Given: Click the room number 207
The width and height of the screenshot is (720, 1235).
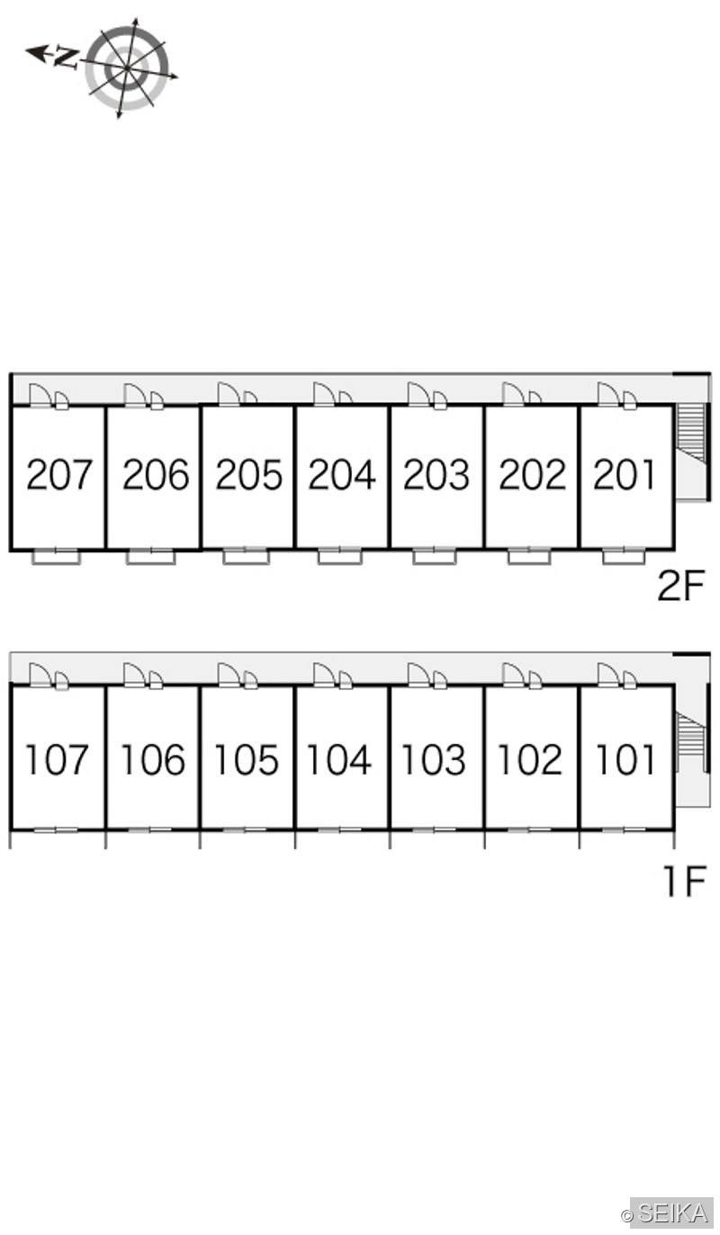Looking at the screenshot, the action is pyautogui.click(x=58, y=475).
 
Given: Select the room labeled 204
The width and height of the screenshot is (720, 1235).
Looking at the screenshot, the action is pyautogui.click(x=342, y=475).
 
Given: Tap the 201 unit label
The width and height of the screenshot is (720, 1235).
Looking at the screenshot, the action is pyautogui.click(x=625, y=475).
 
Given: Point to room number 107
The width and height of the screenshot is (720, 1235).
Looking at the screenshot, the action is pyautogui.click(x=57, y=760).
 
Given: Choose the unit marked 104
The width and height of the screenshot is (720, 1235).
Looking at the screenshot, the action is pyautogui.click(x=338, y=760).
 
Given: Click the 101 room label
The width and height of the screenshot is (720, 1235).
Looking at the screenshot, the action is pyautogui.click(x=625, y=760).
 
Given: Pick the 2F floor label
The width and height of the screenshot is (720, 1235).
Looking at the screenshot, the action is pyautogui.click(x=681, y=586).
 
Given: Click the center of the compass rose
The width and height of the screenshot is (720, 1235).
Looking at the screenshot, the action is pyautogui.click(x=127, y=67).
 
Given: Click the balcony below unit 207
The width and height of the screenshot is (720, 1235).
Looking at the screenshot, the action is pyautogui.click(x=57, y=556).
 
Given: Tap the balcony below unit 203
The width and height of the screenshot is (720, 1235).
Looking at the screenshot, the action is pyautogui.click(x=435, y=556).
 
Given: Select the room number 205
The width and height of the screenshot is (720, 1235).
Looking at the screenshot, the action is pyautogui.click(x=248, y=475).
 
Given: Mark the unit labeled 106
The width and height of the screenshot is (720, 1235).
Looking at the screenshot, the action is pyautogui.click(x=153, y=760).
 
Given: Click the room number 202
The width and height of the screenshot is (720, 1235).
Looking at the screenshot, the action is pyautogui.click(x=533, y=475).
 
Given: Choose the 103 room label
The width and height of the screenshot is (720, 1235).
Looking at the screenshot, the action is pyautogui.click(x=434, y=760).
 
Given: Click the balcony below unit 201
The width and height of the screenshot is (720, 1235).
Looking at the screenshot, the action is pyautogui.click(x=625, y=556).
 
